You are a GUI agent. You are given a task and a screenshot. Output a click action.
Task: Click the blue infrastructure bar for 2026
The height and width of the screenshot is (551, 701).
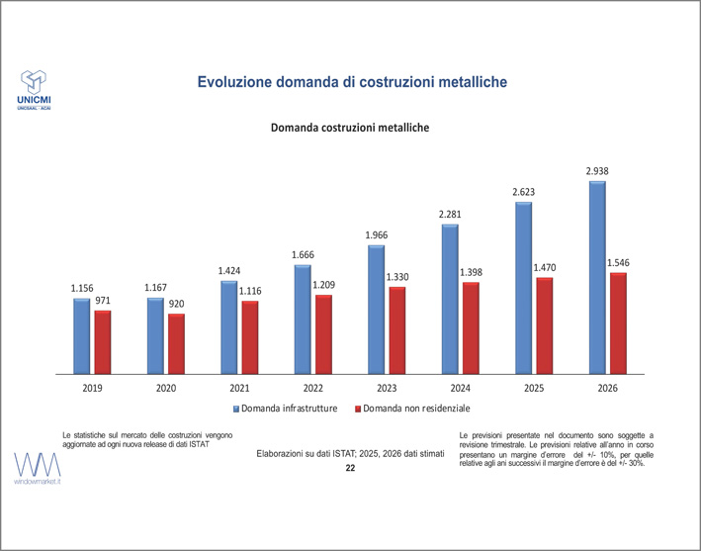click(597, 278)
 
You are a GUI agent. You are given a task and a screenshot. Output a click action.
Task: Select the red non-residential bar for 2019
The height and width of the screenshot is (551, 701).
click(103, 342)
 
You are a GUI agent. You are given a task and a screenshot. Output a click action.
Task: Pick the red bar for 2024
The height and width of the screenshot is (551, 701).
click(471, 328)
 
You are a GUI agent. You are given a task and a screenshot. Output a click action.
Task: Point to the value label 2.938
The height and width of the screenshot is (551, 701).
click(597, 171)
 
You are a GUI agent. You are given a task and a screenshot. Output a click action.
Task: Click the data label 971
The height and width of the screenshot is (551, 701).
click(104, 300)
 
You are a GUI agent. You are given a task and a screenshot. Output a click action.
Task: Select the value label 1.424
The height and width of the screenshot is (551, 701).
click(230, 270)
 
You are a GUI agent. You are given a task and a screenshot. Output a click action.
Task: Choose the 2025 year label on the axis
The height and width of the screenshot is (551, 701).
click(534, 389)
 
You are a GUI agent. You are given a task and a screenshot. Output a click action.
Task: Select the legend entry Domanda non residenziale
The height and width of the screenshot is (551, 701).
click(416, 409)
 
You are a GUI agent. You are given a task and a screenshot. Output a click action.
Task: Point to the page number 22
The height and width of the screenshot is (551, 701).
click(350, 467)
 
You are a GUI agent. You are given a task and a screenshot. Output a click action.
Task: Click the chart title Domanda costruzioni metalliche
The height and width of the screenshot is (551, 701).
click(350, 128)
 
